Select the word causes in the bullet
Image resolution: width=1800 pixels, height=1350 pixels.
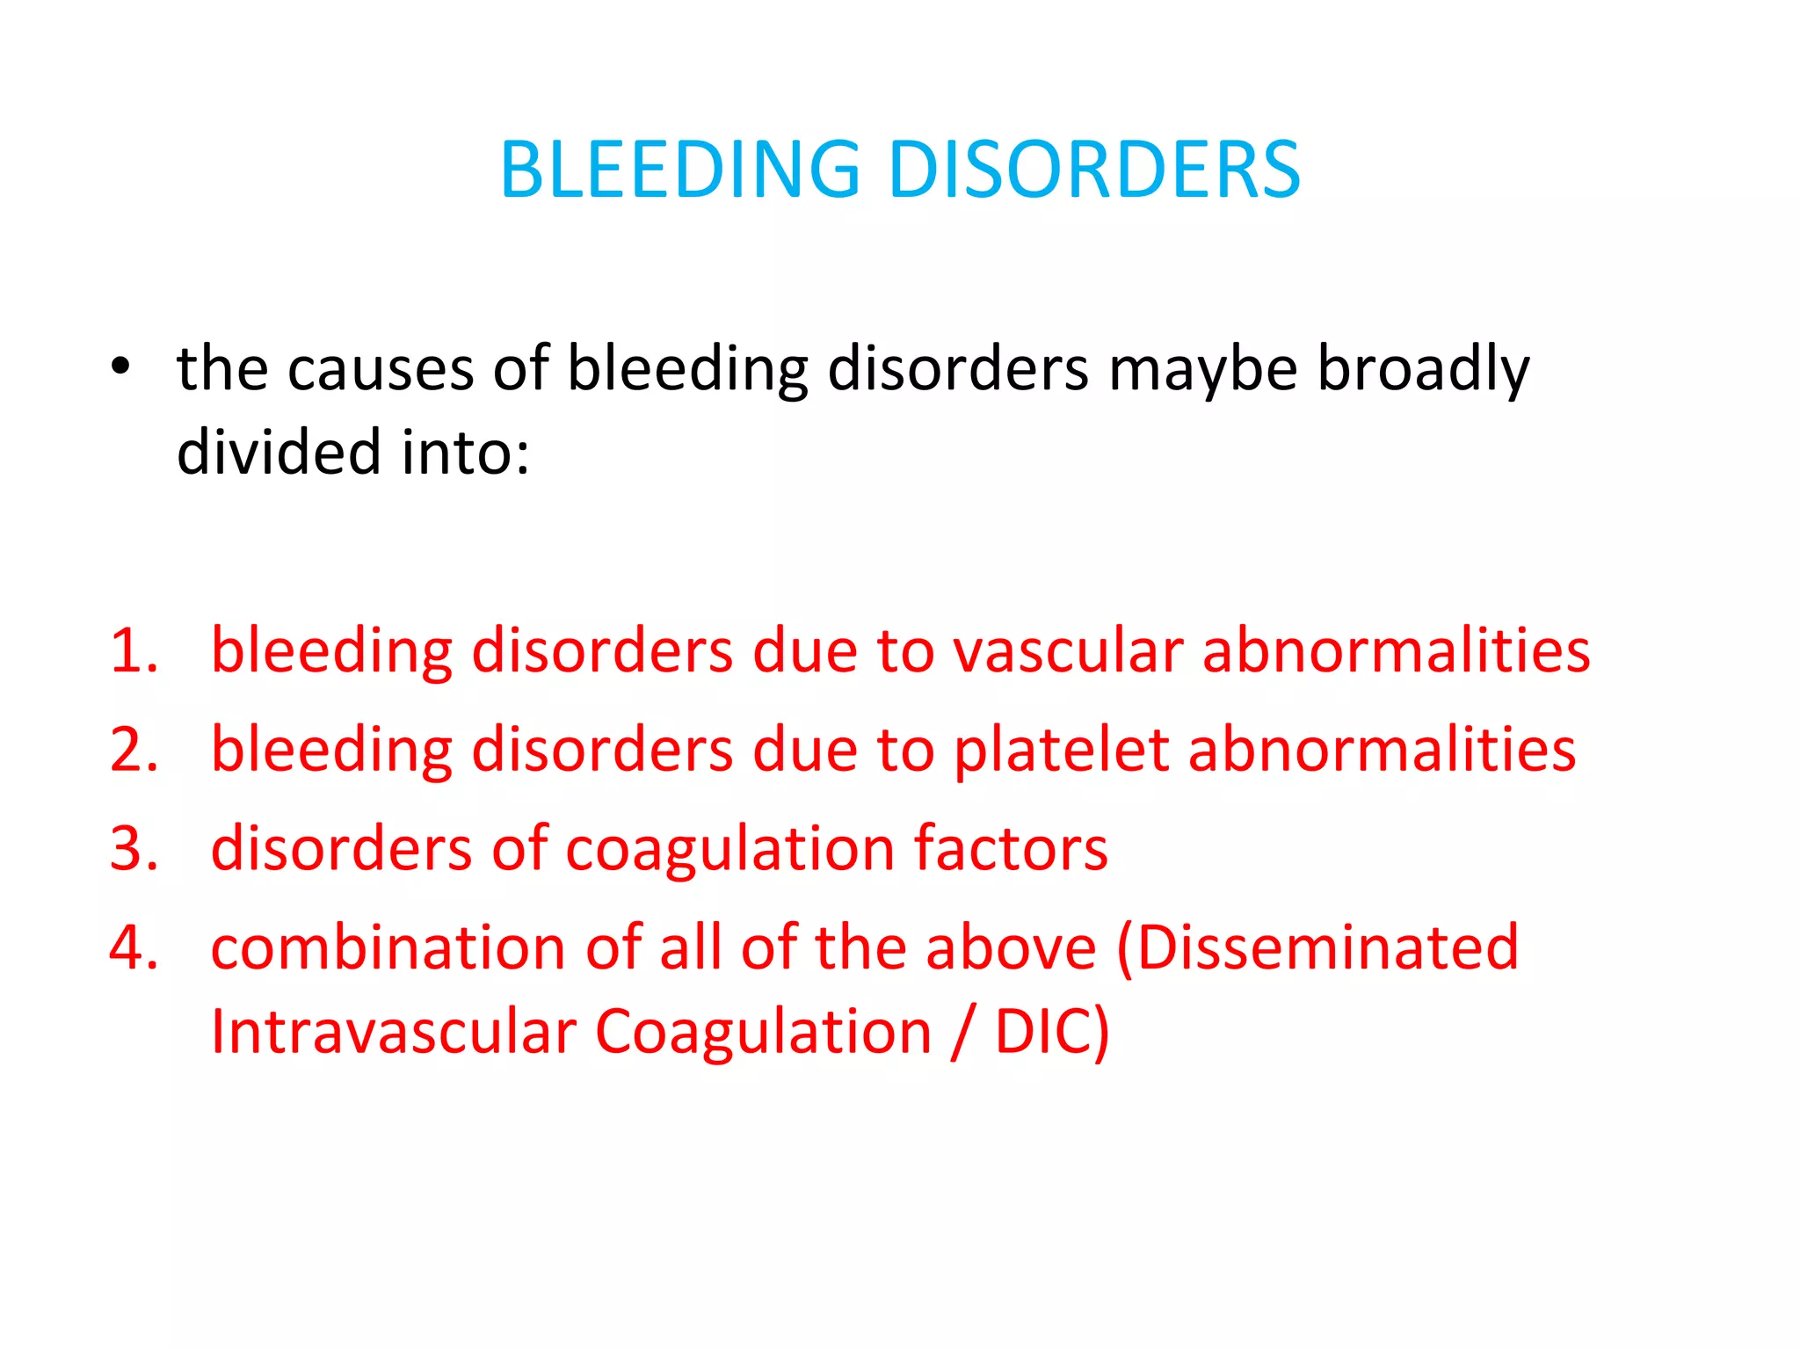pos(381,369)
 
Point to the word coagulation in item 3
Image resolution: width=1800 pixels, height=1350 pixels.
pos(729,851)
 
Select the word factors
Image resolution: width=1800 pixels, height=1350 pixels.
pos(1011,849)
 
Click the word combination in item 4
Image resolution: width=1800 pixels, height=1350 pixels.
pos(388,948)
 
